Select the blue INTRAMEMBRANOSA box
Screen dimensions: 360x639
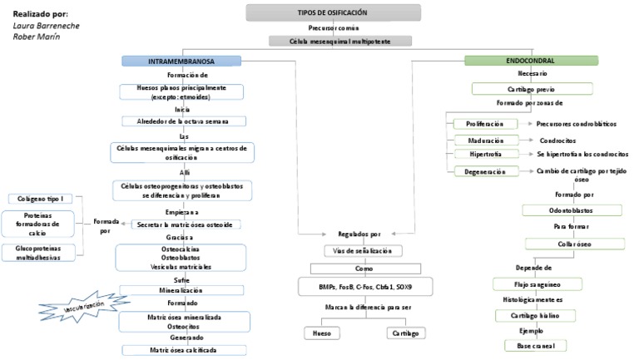(x=181, y=61)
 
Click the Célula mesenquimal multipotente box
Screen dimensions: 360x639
(x=341, y=41)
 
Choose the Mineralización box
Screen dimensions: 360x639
(x=181, y=290)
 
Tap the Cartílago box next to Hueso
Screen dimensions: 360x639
(x=407, y=333)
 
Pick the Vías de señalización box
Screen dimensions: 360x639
(x=364, y=250)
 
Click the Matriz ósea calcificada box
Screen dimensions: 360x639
(x=181, y=350)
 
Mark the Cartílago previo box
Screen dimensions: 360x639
(x=532, y=88)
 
